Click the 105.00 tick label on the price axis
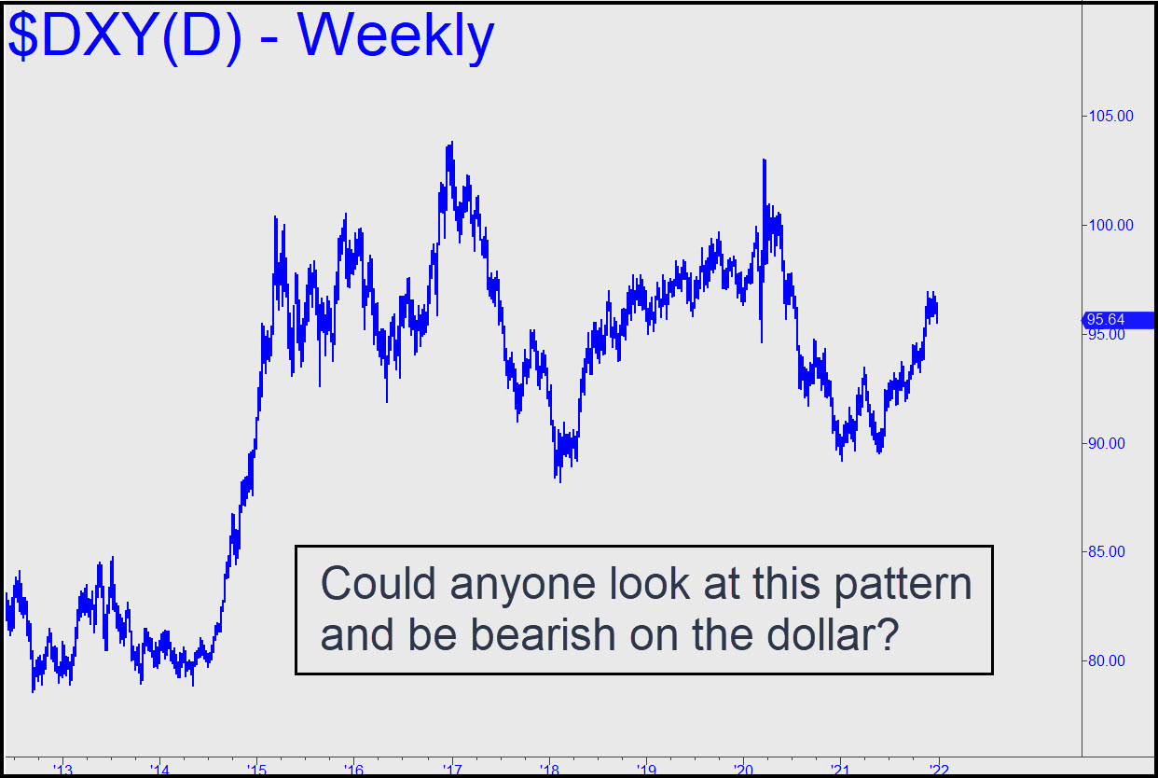[1111, 116]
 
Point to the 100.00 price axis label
[1111, 225]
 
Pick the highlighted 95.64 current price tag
[1118, 320]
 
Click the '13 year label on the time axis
[63, 771]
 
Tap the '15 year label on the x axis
[257, 771]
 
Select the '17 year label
[452, 771]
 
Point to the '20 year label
[744, 771]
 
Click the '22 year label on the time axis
[939, 771]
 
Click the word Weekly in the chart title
[395, 37]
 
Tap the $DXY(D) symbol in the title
[125, 36]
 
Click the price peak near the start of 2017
[452, 142]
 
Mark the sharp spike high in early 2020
[764, 160]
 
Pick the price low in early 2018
[560, 481]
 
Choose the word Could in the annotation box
[379, 583]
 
